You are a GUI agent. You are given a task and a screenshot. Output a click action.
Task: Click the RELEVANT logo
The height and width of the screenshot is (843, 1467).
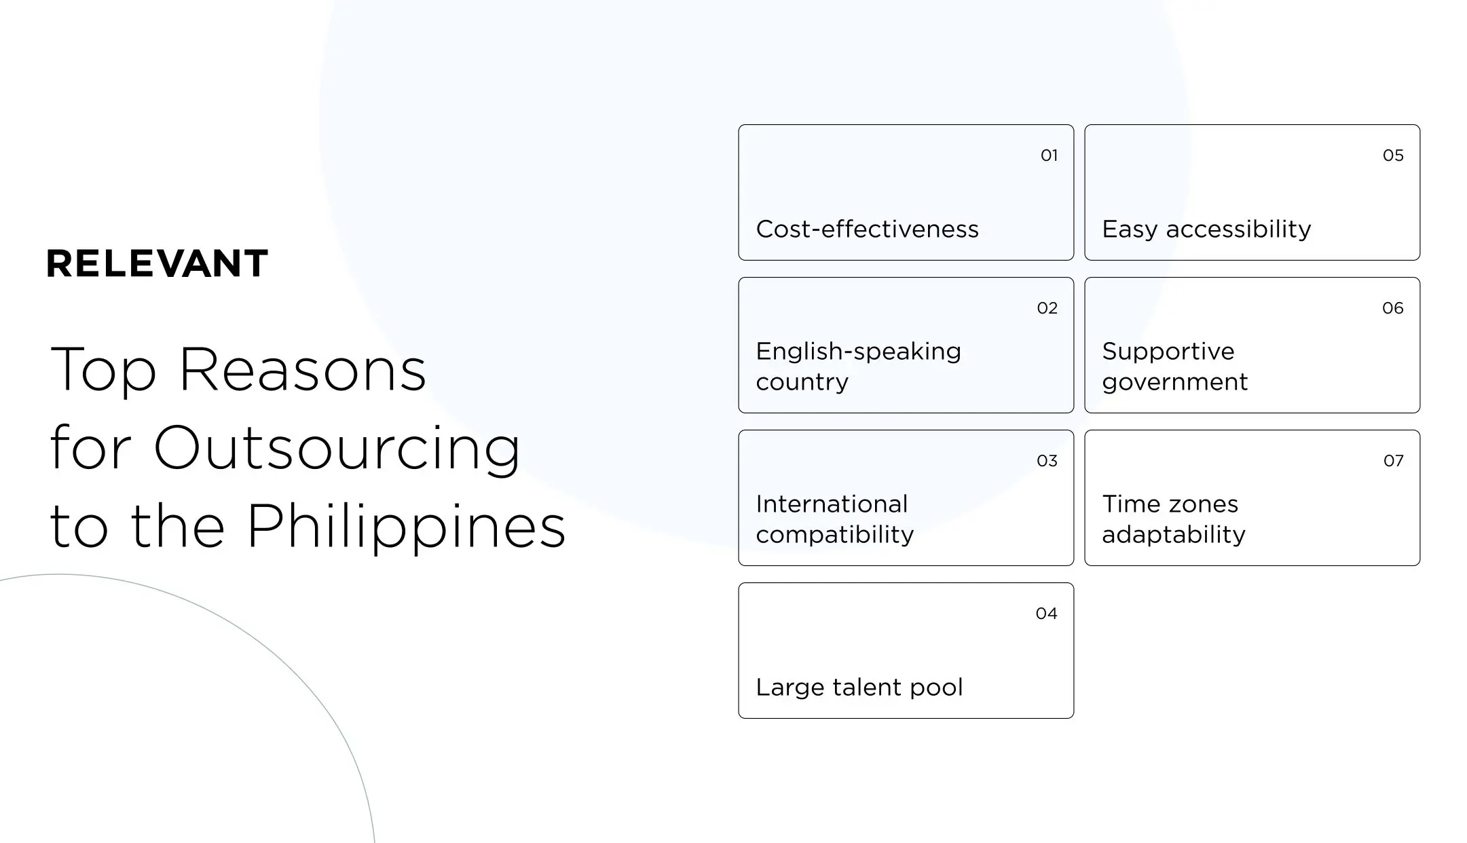[x=157, y=263]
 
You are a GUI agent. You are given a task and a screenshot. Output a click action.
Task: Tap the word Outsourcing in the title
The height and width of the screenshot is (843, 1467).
[x=337, y=449]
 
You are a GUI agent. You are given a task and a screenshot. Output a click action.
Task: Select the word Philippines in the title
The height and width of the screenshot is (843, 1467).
[x=405, y=527]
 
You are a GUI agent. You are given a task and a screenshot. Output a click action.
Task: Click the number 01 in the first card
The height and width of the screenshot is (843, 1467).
[x=1049, y=155]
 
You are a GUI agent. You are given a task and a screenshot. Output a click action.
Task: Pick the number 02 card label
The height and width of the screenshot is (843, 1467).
[x=1047, y=308]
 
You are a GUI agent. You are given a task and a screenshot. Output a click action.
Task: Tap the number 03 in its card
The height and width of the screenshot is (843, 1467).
[x=1047, y=461]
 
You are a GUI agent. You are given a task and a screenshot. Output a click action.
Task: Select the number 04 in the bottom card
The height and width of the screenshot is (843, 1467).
[x=1046, y=614]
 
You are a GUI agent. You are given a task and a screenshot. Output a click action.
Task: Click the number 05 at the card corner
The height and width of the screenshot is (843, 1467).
[x=1393, y=155]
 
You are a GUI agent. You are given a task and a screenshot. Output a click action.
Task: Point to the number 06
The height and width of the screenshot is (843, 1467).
[x=1392, y=308]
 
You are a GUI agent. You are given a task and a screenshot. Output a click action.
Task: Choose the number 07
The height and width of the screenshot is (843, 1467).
[x=1393, y=461]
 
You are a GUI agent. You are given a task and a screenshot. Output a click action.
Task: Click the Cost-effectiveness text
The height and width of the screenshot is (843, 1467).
[x=867, y=229]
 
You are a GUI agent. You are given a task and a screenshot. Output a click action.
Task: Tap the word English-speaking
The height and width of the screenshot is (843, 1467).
[x=858, y=352]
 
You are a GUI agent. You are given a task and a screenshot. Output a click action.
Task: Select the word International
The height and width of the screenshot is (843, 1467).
[x=832, y=504]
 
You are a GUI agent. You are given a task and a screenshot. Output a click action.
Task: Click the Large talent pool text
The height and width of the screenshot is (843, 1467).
[x=859, y=688]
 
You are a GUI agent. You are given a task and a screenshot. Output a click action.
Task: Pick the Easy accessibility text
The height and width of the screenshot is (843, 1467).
[x=1206, y=229]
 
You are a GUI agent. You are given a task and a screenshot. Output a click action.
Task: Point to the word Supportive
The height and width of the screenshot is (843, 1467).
[x=1168, y=352]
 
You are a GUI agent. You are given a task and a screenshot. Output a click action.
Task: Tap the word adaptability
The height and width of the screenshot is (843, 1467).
[x=1173, y=535]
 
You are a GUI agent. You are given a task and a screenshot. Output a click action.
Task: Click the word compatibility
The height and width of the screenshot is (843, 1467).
[x=834, y=535]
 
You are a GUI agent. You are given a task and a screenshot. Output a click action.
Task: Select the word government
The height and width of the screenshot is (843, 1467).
[x=1174, y=382]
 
